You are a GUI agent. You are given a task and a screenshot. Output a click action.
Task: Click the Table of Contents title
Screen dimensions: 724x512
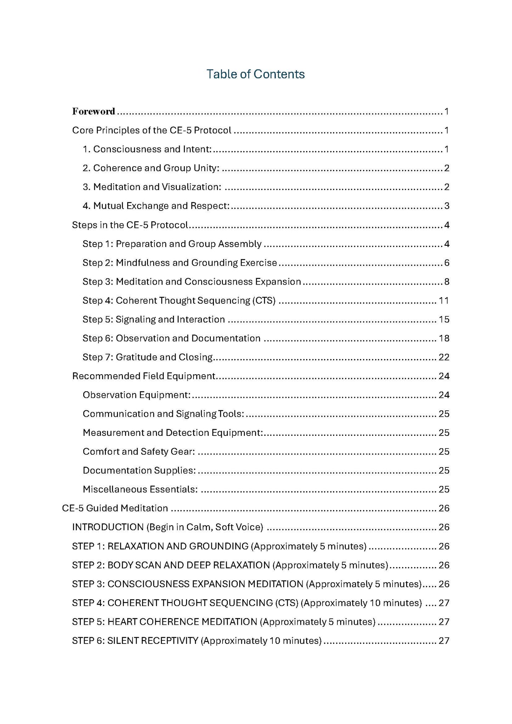click(x=255, y=74)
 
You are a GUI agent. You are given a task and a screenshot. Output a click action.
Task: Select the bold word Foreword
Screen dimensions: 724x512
click(x=94, y=112)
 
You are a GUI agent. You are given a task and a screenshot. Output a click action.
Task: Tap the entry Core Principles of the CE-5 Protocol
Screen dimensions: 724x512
click(x=152, y=130)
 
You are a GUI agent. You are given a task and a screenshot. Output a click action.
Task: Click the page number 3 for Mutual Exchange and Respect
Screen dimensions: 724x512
click(x=446, y=206)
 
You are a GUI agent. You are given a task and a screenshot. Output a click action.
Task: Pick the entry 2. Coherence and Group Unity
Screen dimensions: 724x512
click(x=151, y=168)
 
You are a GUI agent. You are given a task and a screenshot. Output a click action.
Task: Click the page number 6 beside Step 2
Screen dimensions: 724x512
click(x=446, y=263)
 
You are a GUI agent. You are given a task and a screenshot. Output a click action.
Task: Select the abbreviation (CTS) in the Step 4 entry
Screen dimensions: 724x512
click(x=264, y=301)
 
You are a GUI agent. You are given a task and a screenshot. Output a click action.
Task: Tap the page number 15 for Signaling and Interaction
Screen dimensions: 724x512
click(x=444, y=319)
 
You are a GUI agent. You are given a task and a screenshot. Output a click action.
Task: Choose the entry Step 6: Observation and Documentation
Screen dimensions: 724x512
click(x=171, y=338)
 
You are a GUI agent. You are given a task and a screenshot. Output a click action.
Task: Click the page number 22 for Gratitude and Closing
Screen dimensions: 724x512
click(x=444, y=357)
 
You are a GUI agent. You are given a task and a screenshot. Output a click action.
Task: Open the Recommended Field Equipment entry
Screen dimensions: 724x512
click(x=144, y=376)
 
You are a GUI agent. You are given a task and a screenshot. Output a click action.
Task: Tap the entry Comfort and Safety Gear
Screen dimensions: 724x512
click(x=139, y=451)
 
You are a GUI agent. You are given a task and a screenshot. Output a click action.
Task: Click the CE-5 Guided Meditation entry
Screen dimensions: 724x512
click(x=115, y=508)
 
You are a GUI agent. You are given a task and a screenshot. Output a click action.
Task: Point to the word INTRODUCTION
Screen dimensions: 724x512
click(x=108, y=527)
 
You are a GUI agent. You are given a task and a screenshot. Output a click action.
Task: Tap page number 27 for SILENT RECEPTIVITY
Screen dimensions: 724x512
click(x=444, y=640)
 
